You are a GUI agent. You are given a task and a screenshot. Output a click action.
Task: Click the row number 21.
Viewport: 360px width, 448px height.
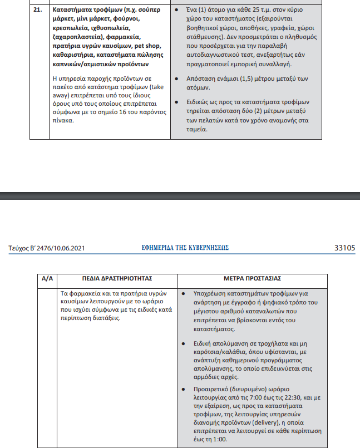point(37,11)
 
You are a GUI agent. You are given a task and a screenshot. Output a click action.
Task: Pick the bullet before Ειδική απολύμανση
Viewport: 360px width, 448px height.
point(183,344)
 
